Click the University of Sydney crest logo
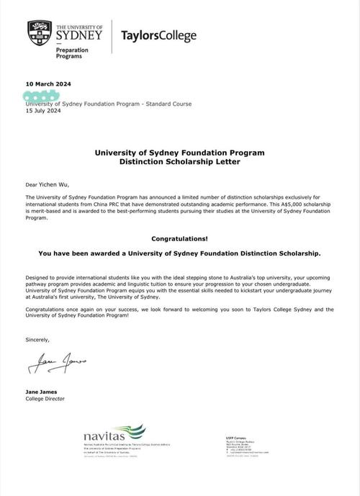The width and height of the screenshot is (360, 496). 39,32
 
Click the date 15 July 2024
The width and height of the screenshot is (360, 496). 44,111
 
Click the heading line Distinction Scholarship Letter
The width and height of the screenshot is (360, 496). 179,163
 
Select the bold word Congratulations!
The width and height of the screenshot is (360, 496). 179,237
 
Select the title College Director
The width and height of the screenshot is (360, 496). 48,397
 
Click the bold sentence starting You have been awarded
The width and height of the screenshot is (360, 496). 179,253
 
